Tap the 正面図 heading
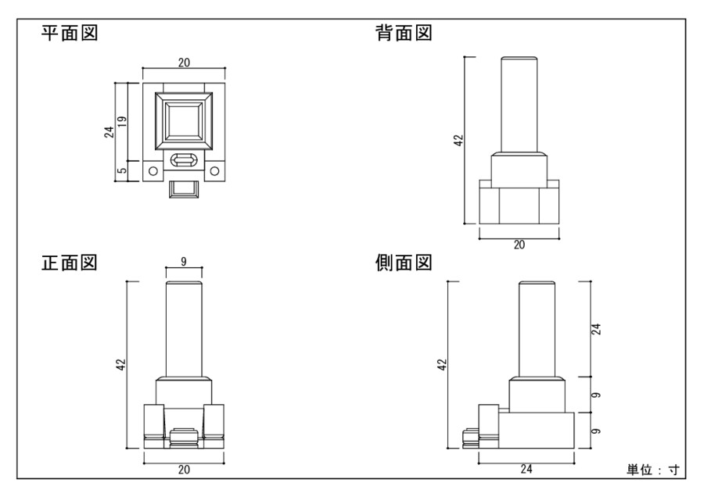[x=69, y=263]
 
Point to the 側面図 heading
[x=404, y=263]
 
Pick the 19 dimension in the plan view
[x=124, y=123]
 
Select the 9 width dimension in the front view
[x=183, y=261]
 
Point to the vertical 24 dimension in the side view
[x=596, y=328]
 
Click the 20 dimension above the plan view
[x=183, y=63]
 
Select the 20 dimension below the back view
[x=519, y=244]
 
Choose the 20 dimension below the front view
[x=183, y=469]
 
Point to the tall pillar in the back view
[x=519, y=105]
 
